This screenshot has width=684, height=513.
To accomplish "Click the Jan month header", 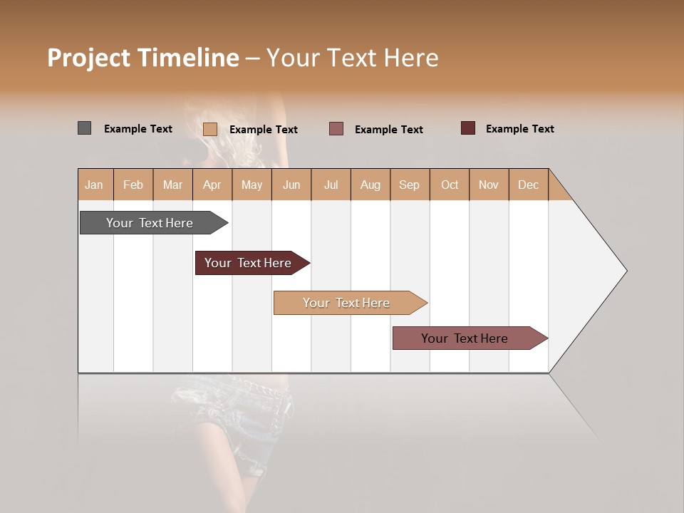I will pyautogui.click(x=95, y=185).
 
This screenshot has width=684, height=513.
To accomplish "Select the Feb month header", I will pyautogui.click(x=133, y=185).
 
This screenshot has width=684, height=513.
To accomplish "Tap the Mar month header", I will pyautogui.click(x=172, y=185).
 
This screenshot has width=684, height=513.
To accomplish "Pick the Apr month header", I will pyautogui.click(x=212, y=185).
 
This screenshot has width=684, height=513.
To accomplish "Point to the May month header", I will pyautogui.click(x=252, y=185).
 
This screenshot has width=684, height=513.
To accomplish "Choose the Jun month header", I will pyautogui.click(x=291, y=185).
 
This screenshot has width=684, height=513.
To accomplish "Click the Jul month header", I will pyautogui.click(x=331, y=185).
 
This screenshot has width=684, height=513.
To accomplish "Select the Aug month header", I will pyautogui.click(x=370, y=185).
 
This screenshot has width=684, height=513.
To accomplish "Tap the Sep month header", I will pyautogui.click(x=410, y=185).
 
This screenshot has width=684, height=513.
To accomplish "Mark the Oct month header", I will pyautogui.click(x=450, y=185).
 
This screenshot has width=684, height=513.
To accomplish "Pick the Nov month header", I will pyautogui.click(x=489, y=185).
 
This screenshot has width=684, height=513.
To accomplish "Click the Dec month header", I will pyautogui.click(x=529, y=185).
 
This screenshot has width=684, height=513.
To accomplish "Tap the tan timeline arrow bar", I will pyautogui.click(x=348, y=303).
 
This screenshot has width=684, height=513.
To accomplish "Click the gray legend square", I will pyautogui.click(x=85, y=128).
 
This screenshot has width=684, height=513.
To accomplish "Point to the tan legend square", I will pyautogui.click(x=210, y=129).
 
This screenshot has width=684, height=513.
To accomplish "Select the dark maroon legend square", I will pyautogui.click(x=468, y=128).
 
